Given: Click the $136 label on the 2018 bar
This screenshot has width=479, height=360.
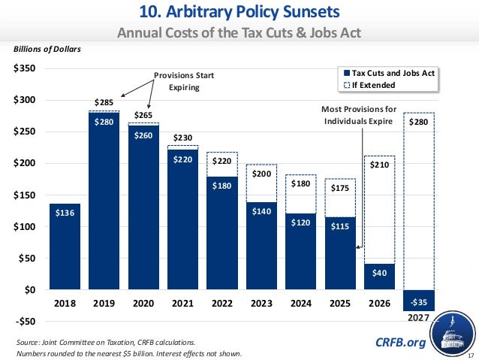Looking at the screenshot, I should tap(65, 213).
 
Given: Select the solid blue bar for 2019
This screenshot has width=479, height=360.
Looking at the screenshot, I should tap(104, 203).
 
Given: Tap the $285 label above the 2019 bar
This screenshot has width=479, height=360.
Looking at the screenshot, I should tap(104, 101).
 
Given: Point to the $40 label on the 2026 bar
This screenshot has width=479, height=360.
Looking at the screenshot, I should tap(378, 274).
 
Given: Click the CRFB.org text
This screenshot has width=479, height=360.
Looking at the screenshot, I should tap(400, 343).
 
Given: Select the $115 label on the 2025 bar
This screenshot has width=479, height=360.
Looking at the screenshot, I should tap(339, 226).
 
